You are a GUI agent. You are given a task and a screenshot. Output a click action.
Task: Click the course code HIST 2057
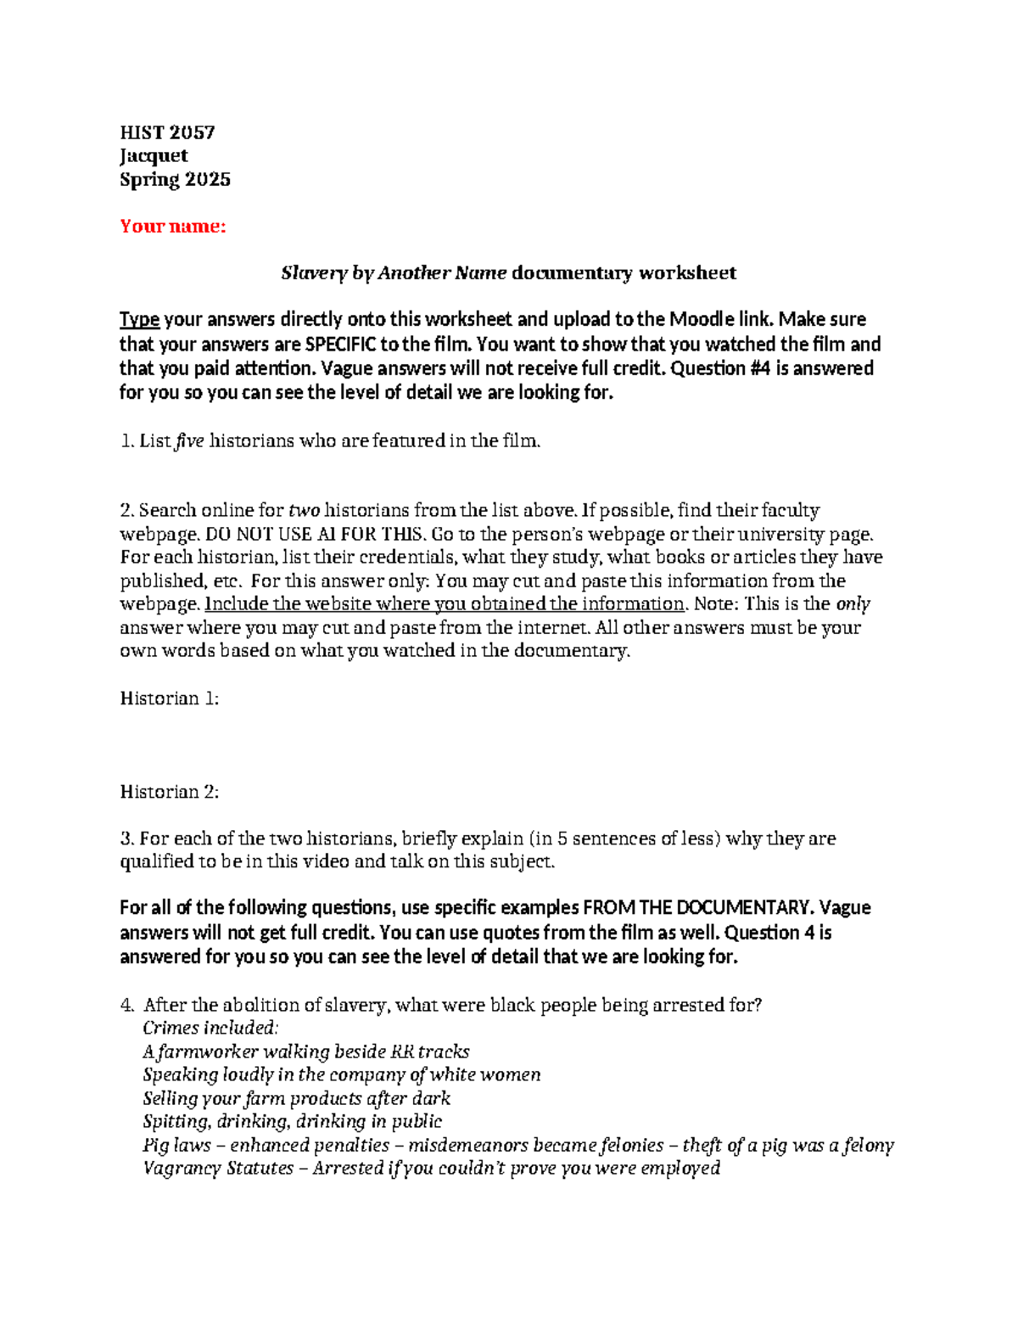click(x=167, y=132)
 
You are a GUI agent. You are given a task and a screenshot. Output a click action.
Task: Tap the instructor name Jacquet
click(x=154, y=155)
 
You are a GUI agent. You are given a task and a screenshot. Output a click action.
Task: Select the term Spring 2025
click(x=175, y=179)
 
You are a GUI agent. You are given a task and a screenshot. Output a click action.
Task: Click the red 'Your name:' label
click(x=173, y=226)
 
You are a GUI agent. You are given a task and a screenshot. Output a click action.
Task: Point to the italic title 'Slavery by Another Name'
click(x=394, y=272)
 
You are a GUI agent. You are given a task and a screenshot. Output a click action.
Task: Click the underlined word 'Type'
click(x=139, y=319)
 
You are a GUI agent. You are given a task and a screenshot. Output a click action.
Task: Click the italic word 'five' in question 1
click(x=189, y=440)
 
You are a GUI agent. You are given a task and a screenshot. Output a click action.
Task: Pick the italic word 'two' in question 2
click(x=304, y=510)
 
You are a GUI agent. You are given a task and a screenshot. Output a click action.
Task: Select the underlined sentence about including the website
click(x=445, y=604)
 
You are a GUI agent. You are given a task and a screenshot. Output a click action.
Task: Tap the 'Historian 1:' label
click(x=170, y=698)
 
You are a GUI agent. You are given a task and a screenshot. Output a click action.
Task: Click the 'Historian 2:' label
click(x=170, y=792)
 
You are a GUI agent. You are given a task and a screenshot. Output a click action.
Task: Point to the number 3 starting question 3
click(x=126, y=838)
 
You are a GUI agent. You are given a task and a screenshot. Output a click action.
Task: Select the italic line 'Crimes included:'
click(x=210, y=1028)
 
